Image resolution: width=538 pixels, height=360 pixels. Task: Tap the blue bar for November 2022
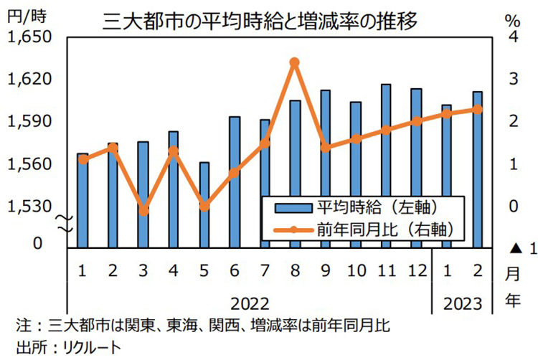[386, 165]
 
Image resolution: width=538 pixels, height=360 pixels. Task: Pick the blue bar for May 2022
[204, 204]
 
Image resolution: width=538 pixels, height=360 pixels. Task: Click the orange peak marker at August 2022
[294, 62]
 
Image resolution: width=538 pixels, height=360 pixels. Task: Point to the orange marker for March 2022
[143, 211]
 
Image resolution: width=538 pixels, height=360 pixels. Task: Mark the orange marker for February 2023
[477, 109]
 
